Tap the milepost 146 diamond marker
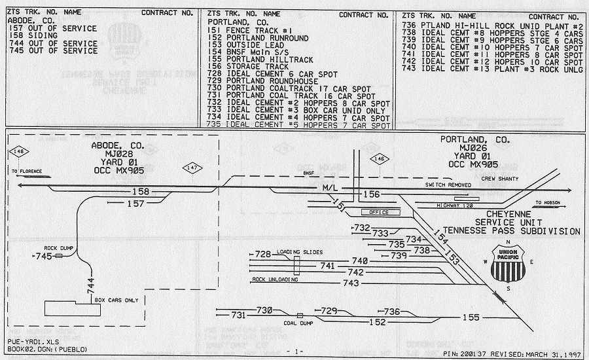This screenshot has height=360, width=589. [380, 159]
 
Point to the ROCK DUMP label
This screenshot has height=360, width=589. [58, 247]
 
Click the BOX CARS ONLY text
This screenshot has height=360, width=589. [116, 299]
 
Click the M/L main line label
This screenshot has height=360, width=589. [330, 188]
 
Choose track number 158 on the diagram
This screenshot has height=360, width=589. [141, 192]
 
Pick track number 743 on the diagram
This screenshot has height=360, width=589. [351, 283]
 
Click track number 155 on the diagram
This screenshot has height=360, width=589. [471, 317]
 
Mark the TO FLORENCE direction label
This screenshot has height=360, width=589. [27, 171]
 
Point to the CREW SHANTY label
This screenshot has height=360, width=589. [499, 179]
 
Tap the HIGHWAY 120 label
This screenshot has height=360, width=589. [455, 206]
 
